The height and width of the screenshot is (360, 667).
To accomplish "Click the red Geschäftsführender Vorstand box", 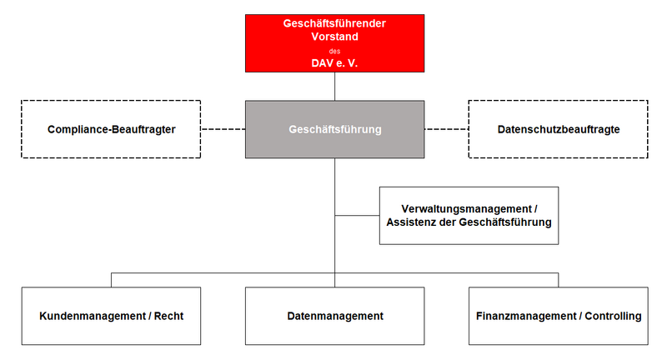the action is click(x=335, y=43).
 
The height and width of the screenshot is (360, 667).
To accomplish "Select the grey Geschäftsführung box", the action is click(x=335, y=129).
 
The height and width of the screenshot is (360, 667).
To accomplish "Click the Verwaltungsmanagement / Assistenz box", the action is click(x=469, y=216).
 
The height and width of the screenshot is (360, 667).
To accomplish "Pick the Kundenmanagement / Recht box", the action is click(x=111, y=316).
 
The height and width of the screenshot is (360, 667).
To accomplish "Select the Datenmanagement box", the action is click(x=335, y=316).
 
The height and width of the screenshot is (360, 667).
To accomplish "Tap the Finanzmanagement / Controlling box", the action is click(x=558, y=316).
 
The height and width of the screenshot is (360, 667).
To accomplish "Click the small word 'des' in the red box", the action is click(x=335, y=51).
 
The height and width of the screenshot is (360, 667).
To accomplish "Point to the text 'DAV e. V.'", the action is click(x=335, y=63).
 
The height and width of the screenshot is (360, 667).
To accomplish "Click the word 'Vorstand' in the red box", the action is click(x=335, y=37).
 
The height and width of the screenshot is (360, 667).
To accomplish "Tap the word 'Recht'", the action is click(x=168, y=316).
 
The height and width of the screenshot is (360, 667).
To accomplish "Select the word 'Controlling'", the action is click(x=613, y=316).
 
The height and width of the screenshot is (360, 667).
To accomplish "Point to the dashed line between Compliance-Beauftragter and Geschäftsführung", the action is click(x=223, y=129).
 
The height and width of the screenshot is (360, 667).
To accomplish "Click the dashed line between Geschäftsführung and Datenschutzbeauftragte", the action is click(x=447, y=129).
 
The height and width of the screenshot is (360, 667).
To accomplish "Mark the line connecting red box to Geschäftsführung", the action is click(x=335, y=87).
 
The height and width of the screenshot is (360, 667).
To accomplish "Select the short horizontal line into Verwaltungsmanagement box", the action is click(x=358, y=216).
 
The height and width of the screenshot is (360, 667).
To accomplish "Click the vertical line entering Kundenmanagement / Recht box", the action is click(x=112, y=280).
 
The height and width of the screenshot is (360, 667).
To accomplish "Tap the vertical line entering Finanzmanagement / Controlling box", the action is click(x=558, y=280).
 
